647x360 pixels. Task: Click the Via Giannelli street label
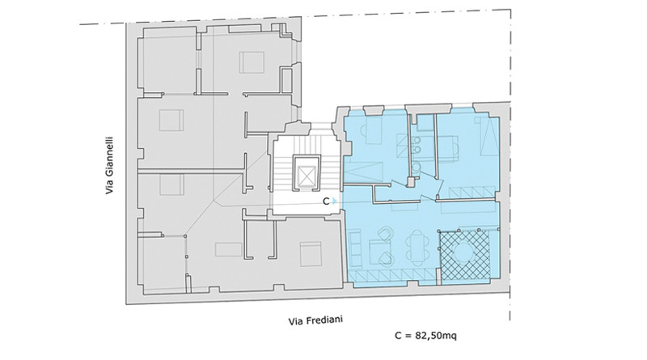[109, 165]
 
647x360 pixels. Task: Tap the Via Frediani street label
[315, 320]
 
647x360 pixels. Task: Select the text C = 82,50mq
[425, 335]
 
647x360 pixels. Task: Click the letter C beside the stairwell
[326, 201]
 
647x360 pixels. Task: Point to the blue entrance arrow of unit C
[335, 201]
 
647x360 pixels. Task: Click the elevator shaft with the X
[307, 173]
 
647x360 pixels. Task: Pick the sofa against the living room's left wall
[354, 248]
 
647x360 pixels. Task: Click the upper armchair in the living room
[385, 235]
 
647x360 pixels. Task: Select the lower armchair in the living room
[386, 259]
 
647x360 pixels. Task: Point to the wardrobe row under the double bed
[472, 192]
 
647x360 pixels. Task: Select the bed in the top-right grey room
[252, 62]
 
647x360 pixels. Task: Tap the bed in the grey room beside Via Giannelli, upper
[171, 121]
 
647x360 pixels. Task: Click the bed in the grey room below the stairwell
[311, 254]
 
